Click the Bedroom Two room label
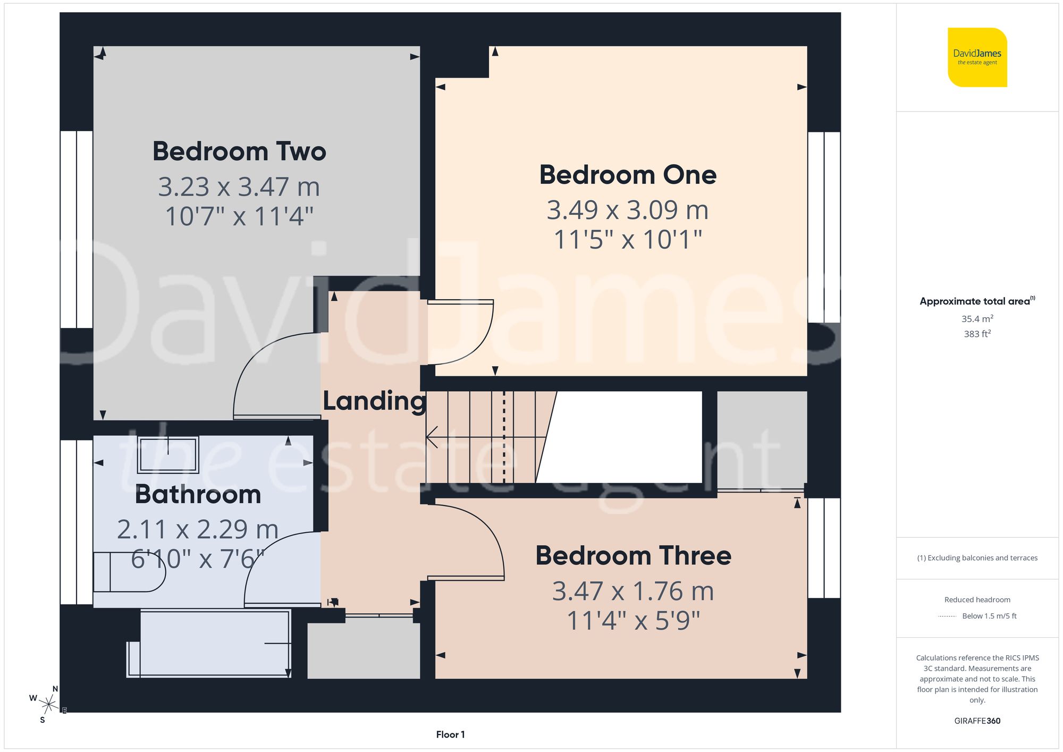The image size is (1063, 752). tap(239, 151)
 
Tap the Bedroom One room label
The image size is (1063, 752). tap(628, 175)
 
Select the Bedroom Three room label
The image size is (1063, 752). tap(633, 556)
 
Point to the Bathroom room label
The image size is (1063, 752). tap(198, 495)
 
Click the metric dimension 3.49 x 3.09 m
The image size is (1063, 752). tap(628, 210)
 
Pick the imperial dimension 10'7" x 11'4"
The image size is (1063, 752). tap(239, 216)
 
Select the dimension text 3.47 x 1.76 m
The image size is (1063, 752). tap(633, 591)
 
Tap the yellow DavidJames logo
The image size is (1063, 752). tap(977, 57)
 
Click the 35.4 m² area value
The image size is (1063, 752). tap(977, 319)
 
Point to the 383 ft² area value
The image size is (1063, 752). tap(977, 334)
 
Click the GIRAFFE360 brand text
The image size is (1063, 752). tap(977, 721)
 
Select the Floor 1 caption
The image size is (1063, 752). tap(450, 734)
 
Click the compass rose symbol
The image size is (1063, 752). tap(48, 705)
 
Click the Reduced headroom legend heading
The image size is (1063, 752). tap(977, 599)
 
